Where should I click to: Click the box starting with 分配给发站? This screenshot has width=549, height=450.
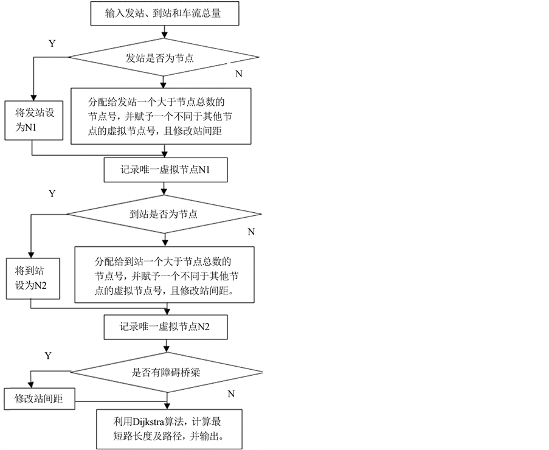(x=161, y=116)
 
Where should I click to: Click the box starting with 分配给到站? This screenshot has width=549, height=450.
(x=165, y=275)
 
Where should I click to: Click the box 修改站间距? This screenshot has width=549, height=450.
(x=40, y=400)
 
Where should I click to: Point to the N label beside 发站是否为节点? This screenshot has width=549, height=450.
(x=238, y=74)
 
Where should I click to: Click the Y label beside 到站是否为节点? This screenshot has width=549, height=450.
(x=52, y=194)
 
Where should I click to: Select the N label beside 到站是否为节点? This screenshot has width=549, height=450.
(x=251, y=232)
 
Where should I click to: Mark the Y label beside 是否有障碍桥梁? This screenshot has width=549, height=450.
(x=48, y=355)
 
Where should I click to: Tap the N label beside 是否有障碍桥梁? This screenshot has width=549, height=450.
(x=231, y=394)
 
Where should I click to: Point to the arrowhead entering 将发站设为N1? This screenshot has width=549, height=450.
(x=33, y=97)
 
